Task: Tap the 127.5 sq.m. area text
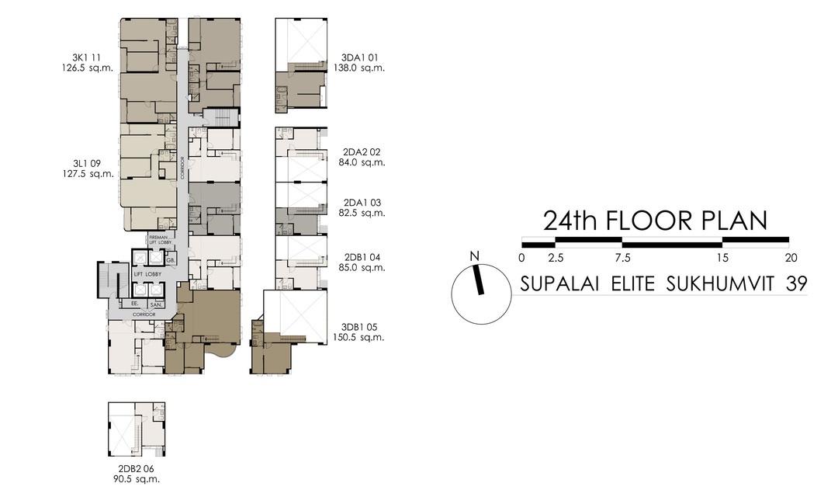[x=93, y=174]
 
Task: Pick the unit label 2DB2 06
[x=136, y=469]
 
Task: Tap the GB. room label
[x=170, y=259]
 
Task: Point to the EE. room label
[x=134, y=303]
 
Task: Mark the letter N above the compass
[x=475, y=257]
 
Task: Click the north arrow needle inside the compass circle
[x=480, y=280]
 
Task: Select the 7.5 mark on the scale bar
[x=622, y=257]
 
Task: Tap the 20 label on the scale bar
[x=790, y=257]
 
